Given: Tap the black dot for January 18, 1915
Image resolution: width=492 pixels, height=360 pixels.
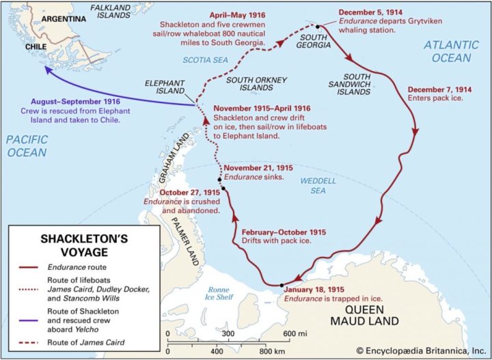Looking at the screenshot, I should (281, 285).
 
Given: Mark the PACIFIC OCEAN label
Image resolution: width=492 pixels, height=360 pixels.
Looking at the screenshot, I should (27, 146).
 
